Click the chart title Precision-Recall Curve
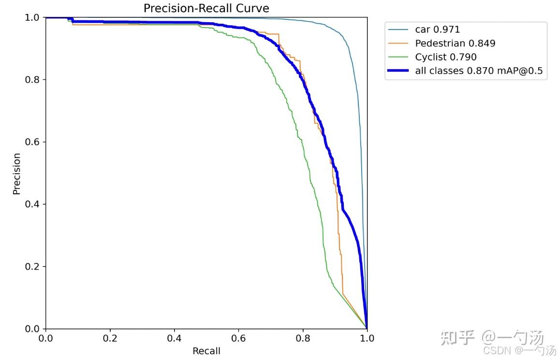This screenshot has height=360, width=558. point(206,8)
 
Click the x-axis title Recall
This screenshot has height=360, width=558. point(206,351)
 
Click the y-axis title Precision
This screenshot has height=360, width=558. point(17,174)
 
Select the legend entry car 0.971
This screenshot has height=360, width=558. point(438,30)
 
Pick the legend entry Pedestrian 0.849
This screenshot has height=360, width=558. point(455,44)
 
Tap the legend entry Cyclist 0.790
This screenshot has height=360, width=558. point(446,57)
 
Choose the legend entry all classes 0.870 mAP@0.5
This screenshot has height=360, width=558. point(479,71)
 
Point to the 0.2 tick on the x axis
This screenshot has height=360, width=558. point(110,338)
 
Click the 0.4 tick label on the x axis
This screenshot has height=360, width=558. point(174,338)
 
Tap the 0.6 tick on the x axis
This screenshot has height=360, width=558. point(238,338)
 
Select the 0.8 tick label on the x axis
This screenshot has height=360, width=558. point(303,338)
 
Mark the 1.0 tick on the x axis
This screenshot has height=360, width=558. point(367,338)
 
